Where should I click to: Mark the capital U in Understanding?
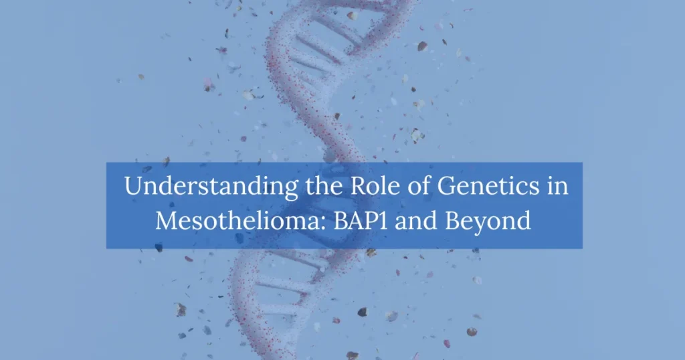coord(132,187)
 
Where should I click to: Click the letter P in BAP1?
coord(365,219)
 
